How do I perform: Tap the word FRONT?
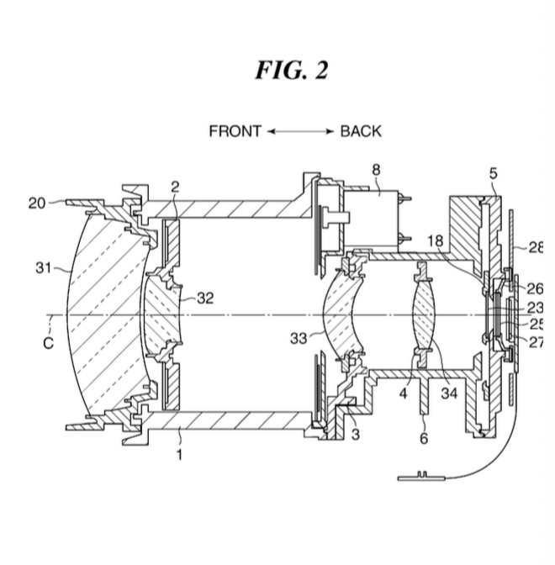(x=235, y=131)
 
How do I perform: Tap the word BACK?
(x=361, y=131)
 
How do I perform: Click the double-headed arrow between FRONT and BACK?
(x=300, y=131)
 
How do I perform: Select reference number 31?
(x=44, y=268)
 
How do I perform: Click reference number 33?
(x=299, y=338)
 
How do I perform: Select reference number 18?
(x=434, y=240)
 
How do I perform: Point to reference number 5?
(x=493, y=174)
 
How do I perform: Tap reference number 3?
(x=355, y=434)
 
